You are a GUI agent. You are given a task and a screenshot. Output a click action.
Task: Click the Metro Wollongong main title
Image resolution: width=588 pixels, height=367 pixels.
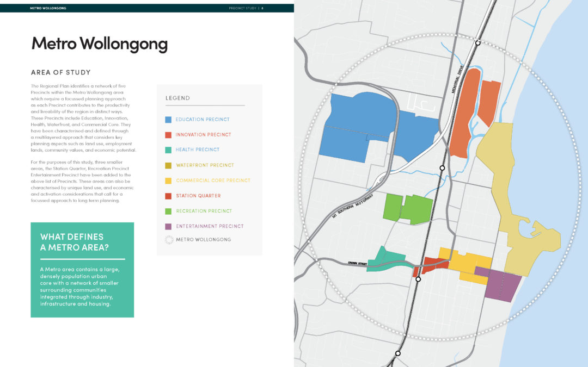pos(99,43)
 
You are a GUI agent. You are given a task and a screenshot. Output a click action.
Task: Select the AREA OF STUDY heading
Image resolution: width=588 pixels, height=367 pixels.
pos(61,72)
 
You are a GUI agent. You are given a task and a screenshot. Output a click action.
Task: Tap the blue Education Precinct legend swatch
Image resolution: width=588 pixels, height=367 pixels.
pos(168,120)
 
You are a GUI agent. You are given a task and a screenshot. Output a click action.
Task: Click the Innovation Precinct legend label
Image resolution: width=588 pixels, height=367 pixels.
pos(203,135)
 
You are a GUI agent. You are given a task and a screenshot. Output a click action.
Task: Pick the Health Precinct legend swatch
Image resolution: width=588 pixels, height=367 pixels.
pos(168,150)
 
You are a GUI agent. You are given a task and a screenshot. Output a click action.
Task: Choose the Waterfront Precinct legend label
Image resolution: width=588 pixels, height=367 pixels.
pos(204,165)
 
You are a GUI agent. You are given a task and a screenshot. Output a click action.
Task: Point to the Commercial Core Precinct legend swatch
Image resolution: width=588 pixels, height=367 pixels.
pos(168,181)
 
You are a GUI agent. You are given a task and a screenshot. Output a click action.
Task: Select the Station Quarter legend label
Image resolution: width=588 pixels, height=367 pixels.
pos(198,196)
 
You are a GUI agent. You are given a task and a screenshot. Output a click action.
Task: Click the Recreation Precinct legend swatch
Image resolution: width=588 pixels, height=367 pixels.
pos(168,211)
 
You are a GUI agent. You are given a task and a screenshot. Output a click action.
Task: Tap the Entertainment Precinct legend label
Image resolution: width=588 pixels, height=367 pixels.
pos(209,226)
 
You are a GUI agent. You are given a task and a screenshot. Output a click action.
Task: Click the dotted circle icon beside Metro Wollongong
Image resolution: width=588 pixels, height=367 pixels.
pos(168,239)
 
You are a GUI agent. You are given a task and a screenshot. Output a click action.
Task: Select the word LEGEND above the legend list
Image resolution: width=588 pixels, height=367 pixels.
pos(177,98)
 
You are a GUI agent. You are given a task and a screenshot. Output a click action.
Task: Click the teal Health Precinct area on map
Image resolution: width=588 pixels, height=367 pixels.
pos(388,259)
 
